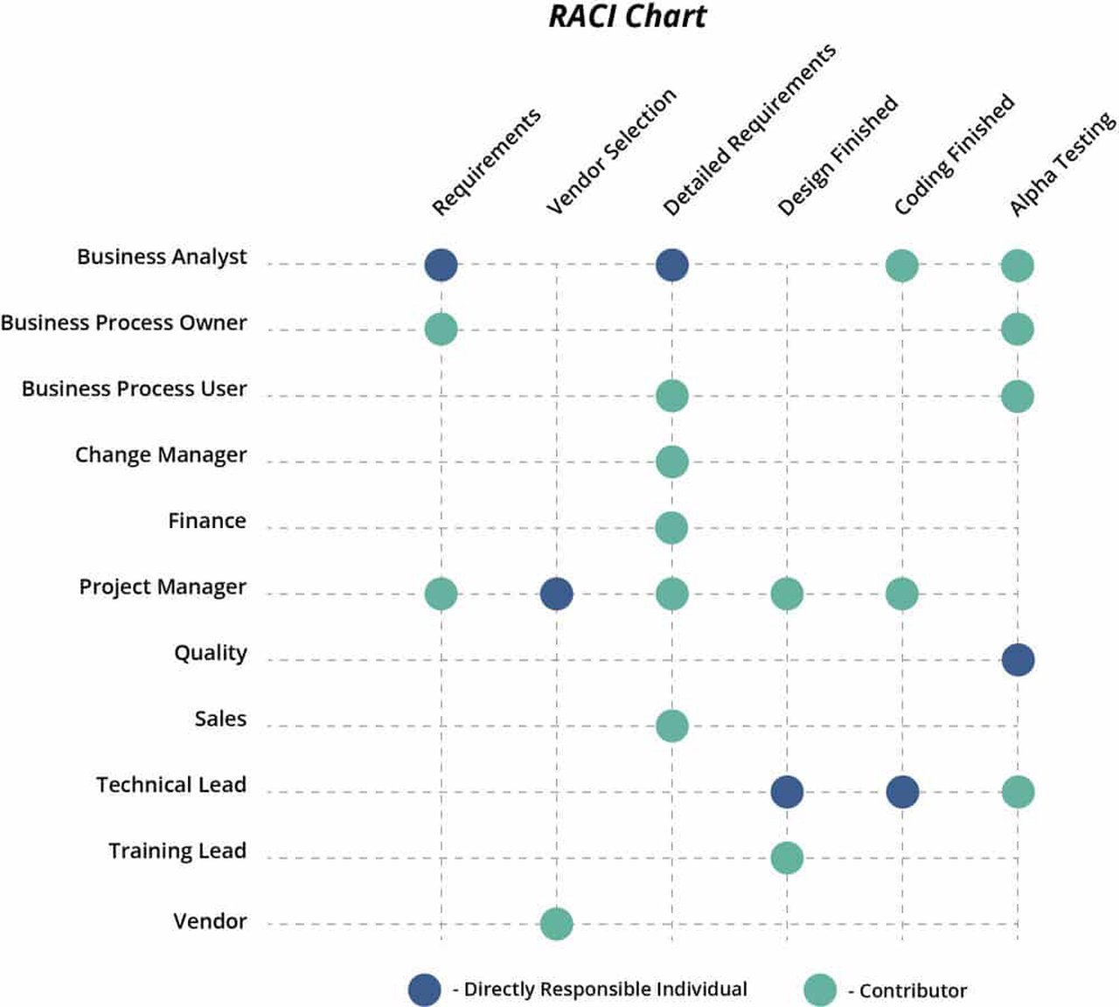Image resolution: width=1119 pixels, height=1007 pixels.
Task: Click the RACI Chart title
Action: pyautogui.click(x=627, y=17)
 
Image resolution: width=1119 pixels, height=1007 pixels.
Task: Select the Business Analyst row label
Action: pyautogui.click(x=162, y=257)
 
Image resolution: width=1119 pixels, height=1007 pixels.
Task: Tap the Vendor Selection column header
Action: pyautogui.click(x=611, y=151)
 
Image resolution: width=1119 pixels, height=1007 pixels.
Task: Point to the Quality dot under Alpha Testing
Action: pyautogui.click(x=1018, y=660)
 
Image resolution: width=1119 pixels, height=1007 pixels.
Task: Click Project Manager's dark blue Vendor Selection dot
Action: pyautogui.click(x=556, y=594)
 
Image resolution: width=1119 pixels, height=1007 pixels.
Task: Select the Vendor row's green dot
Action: pyautogui.click(x=556, y=923)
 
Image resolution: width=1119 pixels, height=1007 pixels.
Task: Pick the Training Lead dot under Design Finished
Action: pyautogui.click(x=787, y=858)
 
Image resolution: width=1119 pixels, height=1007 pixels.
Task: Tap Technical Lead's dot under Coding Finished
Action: pyautogui.click(x=902, y=792)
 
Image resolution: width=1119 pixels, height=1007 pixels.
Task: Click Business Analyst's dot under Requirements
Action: pyautogui.click(x=441, y=265)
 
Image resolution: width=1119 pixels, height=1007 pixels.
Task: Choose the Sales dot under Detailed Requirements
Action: pyautogui.click(x=671, y=726)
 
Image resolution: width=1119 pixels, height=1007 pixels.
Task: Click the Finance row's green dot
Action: pyautogui.click(x=671, y=528)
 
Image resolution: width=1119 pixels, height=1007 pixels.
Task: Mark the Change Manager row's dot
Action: pyautogui.click(x=671, y=462)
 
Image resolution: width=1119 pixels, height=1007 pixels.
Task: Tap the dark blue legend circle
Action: pyautogui.click(x=425, y=990)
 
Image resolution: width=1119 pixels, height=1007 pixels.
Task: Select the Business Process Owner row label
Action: pyautogui.click(x=124, y=323)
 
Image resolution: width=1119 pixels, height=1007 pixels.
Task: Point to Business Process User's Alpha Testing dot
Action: pyautogui.click(x=1018, y=396)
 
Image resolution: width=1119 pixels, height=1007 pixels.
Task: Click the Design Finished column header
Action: pyautogui.click(x=838, y=155)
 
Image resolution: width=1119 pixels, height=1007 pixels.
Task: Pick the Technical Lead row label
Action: pyautogui.click(x=171, y=785)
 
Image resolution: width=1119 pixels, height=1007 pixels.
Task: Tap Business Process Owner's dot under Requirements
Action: pyautogui.click(x=441, y=330)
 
